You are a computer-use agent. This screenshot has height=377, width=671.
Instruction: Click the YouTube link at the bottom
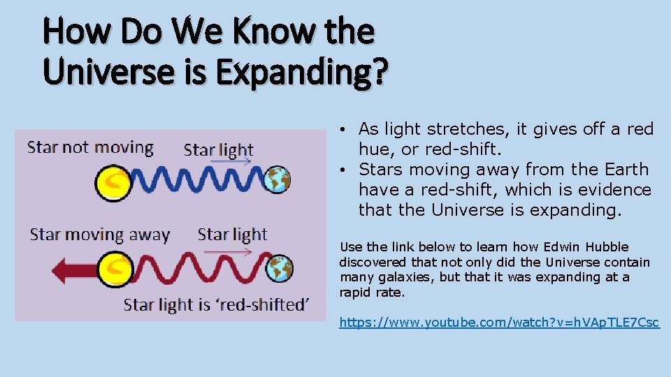[x=499, y=323]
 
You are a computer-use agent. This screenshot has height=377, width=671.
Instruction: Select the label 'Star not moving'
[x=90, y=147]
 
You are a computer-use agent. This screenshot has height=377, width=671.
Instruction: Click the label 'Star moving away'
[x=100, y=234]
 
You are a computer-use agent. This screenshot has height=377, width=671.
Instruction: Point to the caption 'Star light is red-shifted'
[x=216, y=304]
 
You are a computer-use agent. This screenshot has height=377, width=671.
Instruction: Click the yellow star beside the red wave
[x=116, y=269]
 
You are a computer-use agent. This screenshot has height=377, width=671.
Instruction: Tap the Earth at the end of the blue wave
[x=277, y=179]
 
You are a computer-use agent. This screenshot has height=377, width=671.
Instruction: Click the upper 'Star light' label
[x=218, y=150]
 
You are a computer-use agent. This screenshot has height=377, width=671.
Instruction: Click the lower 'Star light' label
[x=232, y=234]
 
